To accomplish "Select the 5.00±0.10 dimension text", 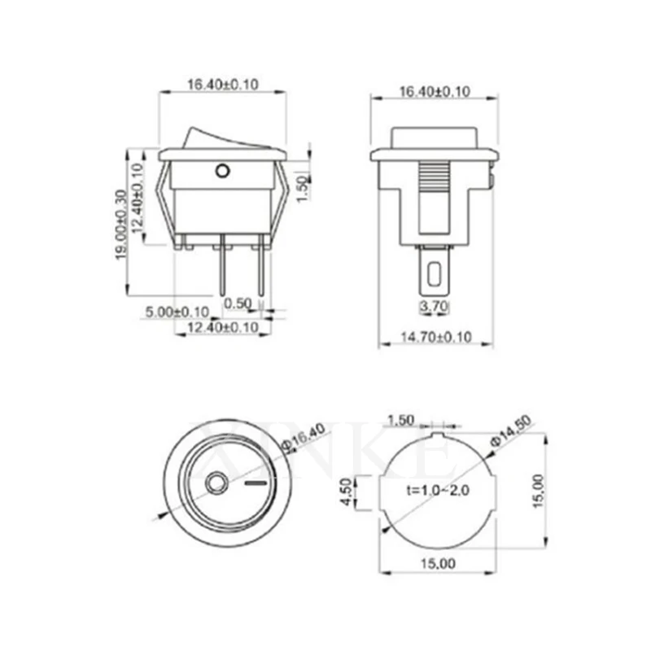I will pos(177,312).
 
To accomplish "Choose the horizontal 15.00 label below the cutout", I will pos(438,563).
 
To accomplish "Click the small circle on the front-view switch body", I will pos(222,172).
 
